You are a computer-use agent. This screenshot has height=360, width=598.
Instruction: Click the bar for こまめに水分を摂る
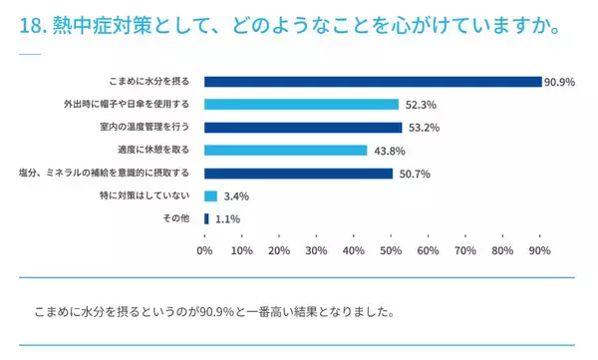(x=373, y=82)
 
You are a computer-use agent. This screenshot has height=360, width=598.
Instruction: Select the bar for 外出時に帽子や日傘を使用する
(x=301, y=105)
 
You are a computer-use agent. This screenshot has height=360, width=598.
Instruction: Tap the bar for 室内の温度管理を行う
(x=303, y=128)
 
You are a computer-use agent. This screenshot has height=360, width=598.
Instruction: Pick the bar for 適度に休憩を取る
(x=285, y=151)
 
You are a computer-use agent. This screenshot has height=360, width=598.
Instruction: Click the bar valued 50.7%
(x=298, y=174)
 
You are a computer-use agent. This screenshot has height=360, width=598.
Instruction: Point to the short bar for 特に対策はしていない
(x=210, y=196)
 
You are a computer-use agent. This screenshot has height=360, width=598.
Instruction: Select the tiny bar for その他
(x=206, y=218)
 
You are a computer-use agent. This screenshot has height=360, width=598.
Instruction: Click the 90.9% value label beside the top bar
(x=560, y=82)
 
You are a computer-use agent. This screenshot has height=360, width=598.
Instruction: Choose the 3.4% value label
(x=235, y=196)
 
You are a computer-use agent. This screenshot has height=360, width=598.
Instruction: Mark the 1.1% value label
(x=227, y=219)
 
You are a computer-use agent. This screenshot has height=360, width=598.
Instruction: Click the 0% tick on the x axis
(x=204, y=249)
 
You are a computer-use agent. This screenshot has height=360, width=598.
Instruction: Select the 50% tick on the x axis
(x=391, y=249)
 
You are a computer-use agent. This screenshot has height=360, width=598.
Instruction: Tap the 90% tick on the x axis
(x=539, y=249)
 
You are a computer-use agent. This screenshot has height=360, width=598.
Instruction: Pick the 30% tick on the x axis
(x=316, y=249)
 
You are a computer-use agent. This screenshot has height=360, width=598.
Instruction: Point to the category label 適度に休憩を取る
(x=159, y=151)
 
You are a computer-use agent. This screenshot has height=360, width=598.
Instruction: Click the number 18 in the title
(x=28, y=27)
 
